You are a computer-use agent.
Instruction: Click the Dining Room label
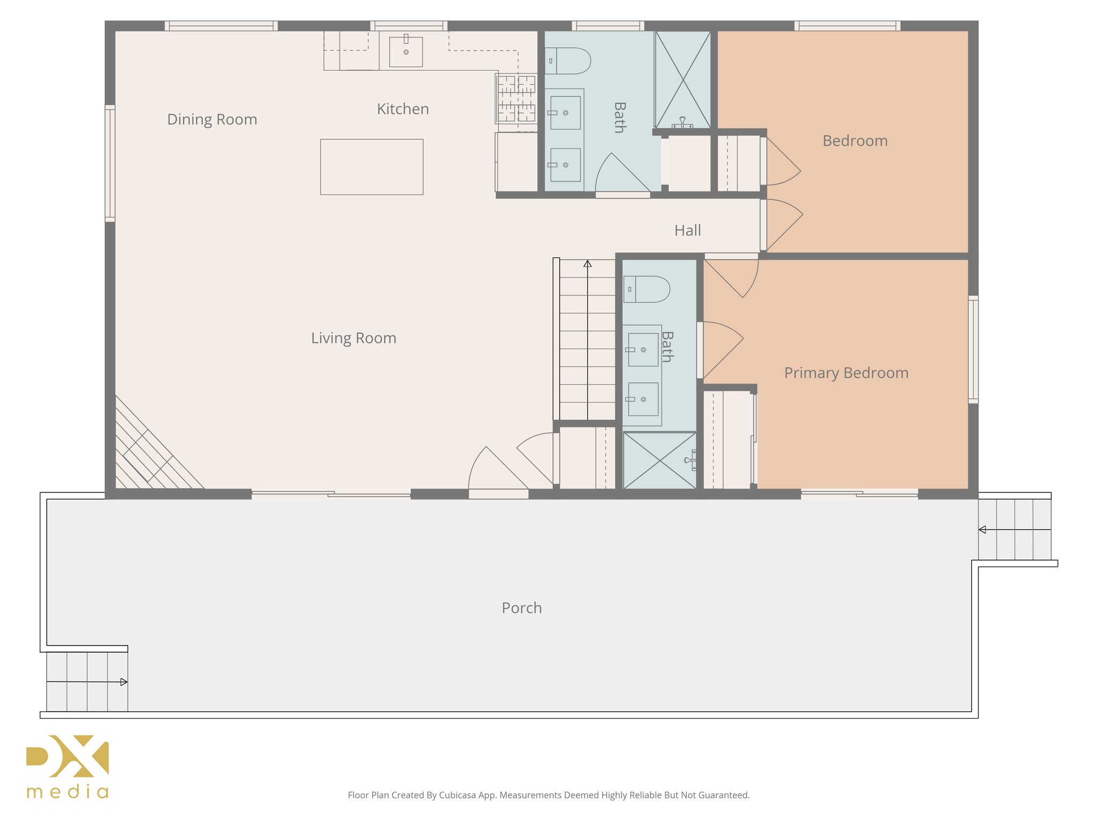point(212,119)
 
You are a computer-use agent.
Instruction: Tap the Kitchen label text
point(403,109)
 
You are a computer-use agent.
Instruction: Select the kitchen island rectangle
point(372,167)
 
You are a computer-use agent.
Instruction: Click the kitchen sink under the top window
point(406,51)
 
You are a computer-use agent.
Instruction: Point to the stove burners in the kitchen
point(516,99)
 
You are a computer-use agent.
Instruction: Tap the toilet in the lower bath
point(647,289)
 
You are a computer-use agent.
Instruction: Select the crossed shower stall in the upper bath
point(682,79)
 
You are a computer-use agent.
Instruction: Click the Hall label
point(687,230)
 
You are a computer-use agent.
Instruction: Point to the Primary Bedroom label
point(846,373)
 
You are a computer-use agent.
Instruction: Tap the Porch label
point(522,608)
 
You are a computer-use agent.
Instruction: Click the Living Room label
point(353,338)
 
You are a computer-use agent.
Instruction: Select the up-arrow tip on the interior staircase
point(588,263)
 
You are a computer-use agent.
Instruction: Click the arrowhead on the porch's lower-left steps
point(124,682)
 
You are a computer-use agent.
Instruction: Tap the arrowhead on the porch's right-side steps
point(982,529)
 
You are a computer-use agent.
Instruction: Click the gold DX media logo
point(68,766)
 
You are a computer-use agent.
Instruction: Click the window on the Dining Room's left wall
point(110,163)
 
